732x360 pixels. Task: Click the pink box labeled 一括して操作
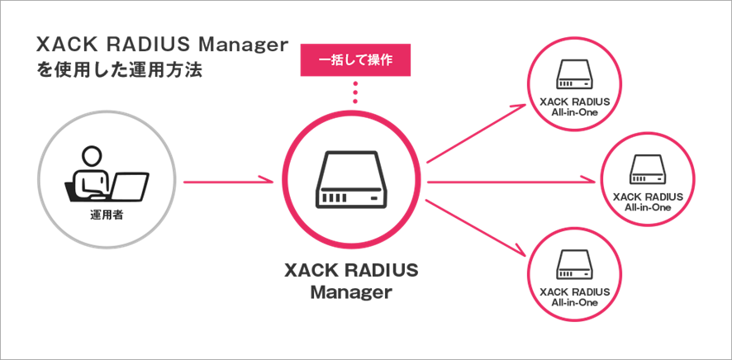pos(355,60)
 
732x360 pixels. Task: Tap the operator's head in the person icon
pos(91,156)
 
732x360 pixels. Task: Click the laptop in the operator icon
pos(130,187)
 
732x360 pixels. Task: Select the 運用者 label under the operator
pos(107,216)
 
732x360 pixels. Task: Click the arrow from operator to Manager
pos(228,181)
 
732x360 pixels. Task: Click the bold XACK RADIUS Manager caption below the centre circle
pos(351,282)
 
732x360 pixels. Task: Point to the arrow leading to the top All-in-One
pos(477,134)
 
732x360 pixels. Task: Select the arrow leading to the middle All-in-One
pos(512,181)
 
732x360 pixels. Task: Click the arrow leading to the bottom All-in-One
pos(477,228)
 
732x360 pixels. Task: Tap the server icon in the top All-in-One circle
pos(575,74)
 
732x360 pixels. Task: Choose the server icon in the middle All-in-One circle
pos(648,168)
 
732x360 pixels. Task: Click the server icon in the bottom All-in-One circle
pos(575,265)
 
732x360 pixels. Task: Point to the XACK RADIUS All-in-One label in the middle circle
pos(648,201)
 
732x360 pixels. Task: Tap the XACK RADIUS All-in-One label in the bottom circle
pos(575,297)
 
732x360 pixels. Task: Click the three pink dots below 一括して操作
pos(355,92)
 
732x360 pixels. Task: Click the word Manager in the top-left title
pos(245,46)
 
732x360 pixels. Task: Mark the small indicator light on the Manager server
pos(374,199)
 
